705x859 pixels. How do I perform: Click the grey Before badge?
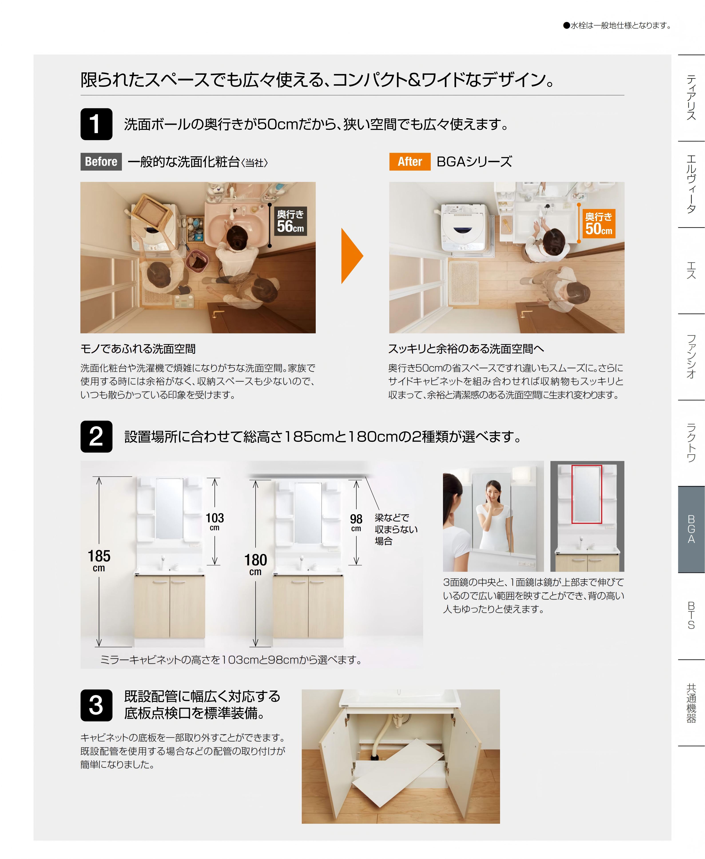pos(101,162)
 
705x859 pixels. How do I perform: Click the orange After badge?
pos(410,162)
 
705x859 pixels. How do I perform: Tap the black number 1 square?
pos(96,124)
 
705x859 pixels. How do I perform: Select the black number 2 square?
pos(96,436)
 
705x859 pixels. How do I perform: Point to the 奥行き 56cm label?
pos(290,221)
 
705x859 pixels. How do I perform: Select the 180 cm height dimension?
pos(255,564)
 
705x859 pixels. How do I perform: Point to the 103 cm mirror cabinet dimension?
pos(214,521)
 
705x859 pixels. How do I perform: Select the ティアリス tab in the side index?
pos(691,97)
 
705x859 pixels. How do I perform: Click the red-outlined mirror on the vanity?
pos(587,494)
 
